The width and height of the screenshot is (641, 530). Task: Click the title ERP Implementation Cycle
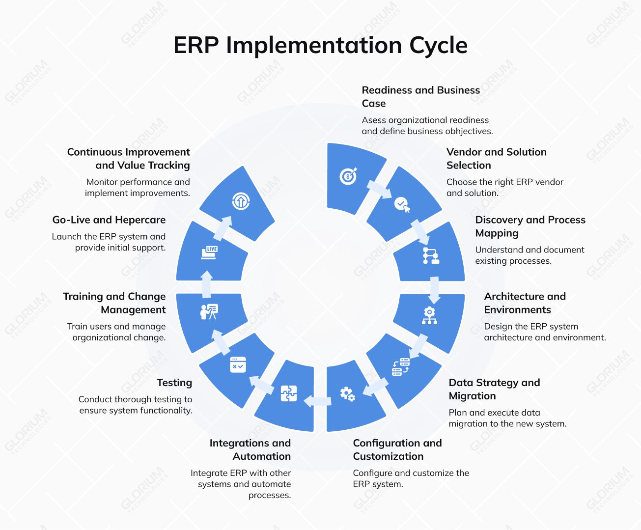320,45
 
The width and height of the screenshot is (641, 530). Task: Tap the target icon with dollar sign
348,176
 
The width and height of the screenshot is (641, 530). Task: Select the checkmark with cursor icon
402,204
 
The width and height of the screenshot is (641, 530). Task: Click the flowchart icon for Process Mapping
431,256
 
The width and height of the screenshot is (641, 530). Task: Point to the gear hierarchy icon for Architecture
429,315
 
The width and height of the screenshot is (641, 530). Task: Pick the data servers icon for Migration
401,367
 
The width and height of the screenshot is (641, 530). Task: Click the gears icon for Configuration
348,393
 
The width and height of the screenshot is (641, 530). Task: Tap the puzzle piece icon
289,393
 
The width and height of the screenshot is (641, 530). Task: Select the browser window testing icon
238,364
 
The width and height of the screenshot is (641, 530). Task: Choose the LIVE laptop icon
209,252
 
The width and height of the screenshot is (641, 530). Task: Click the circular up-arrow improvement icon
241,200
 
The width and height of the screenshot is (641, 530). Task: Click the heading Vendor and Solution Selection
496,159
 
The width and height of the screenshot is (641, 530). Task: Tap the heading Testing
174,383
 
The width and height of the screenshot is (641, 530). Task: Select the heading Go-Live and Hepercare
109,220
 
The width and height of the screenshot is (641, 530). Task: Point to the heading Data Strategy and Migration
494,389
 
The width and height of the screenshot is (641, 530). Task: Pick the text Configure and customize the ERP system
411,478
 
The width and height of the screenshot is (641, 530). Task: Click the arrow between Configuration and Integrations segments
317,401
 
